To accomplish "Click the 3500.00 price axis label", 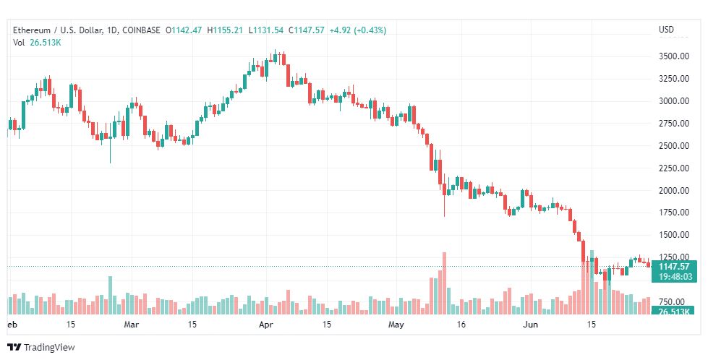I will pyautogui.click(x=672, y=56).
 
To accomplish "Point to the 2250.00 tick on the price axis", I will pyautogui.click(x=672, y=168).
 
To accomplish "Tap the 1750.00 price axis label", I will pyautogui.click(x=672, y=213).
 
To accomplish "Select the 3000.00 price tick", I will pyautogui.click(x=672, y=101).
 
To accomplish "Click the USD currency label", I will pyautogui.click(x=666, y=30).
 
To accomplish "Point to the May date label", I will pyautogui.click(x=395, y=325).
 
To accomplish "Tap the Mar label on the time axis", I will pyautogui.click(x=131, y=325).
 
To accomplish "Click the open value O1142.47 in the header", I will pyautogui.click(x=184, y=30).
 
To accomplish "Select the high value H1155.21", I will pyautogui.click(x=226, y=30).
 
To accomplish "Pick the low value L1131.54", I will pyautogui.click(x=267, y=30).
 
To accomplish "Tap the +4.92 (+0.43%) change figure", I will pyautogui.click(x=357, y=30).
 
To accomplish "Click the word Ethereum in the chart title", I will pyautogui.click(x=31, y=30).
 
